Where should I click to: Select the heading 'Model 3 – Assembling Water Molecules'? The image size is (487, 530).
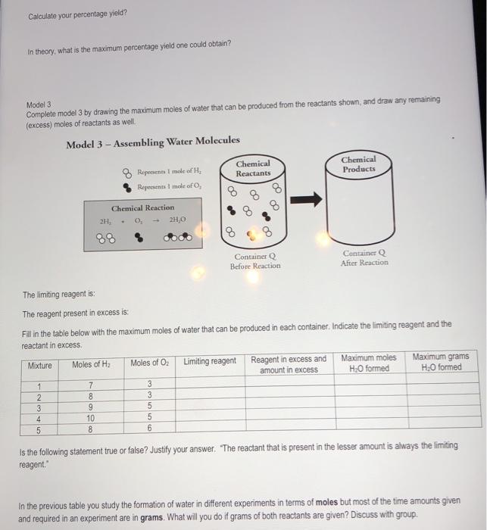tap(152, 142)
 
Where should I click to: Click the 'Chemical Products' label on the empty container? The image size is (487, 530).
tap(358, 164)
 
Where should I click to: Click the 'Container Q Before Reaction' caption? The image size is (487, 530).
tap(255, 261)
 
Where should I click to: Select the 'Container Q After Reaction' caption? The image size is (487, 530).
tap(364, 257)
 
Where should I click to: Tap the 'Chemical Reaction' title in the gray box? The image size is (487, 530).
tap(142, 208)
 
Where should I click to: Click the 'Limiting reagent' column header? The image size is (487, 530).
tap(210, 360)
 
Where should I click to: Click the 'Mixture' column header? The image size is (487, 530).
tap(40, 365)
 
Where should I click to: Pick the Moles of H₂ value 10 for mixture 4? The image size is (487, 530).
tap(92, 417)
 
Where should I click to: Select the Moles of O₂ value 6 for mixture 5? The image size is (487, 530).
tap(149, 428)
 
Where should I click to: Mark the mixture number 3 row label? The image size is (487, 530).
tap(39, 407)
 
